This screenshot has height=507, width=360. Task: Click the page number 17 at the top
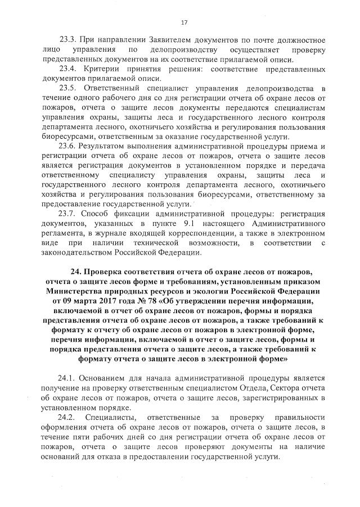click(184, 22)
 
